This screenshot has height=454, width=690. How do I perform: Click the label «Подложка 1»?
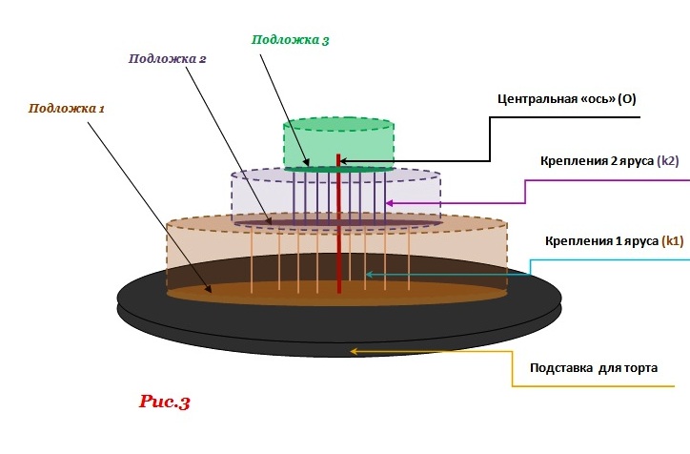coord(67,109)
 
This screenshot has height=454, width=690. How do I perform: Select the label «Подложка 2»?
coord(168,58)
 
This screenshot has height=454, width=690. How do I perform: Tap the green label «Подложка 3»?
coord(291,40)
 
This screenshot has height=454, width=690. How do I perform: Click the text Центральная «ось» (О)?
coord(567,98)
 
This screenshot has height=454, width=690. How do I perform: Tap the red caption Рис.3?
coord(165,402)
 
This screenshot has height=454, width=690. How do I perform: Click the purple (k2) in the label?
coord(667,162)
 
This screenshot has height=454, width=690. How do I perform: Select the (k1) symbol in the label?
coord(672,241)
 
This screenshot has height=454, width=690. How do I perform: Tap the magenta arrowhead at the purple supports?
coord(389,202)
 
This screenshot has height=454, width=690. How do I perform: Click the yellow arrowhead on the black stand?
coord(355,351)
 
